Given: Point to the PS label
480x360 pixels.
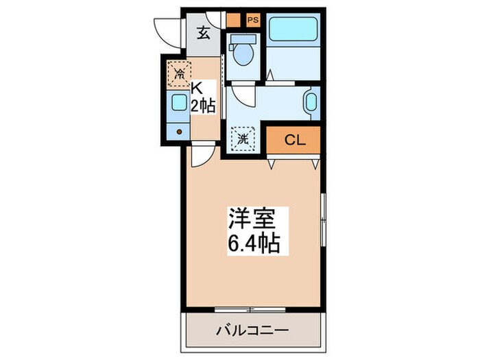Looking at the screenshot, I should (253, 20).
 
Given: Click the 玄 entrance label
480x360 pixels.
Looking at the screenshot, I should (204, 31).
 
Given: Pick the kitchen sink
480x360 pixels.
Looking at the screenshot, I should (179, 104).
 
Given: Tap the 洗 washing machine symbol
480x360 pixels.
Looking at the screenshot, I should (243, 139).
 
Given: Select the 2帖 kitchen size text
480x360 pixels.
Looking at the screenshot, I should (204, 106).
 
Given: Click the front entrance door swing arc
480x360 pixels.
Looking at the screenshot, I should (168, 31).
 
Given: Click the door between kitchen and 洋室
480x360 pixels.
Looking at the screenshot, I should (202, 157).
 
